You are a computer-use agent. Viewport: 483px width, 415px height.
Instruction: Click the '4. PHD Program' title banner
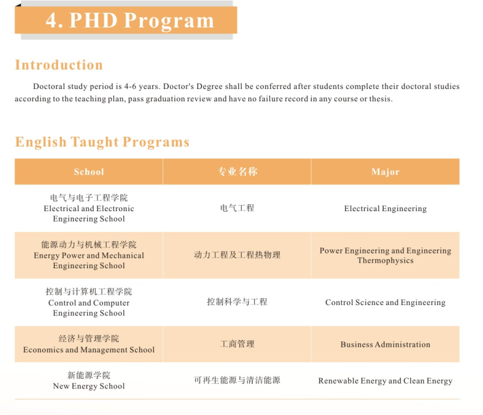[x=129, y=20]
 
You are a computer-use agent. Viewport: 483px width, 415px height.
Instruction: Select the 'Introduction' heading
[x=59, y=65]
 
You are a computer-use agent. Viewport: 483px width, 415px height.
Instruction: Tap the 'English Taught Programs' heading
[x=102, y=142]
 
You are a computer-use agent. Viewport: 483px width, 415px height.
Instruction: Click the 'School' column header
[x=89, y=172]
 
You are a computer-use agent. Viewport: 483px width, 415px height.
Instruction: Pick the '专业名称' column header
[x=237, y=172]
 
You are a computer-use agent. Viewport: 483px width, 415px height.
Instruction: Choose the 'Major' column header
[x=385, y=172]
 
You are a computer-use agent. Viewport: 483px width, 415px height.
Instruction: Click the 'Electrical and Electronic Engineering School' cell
[x=89, y=208]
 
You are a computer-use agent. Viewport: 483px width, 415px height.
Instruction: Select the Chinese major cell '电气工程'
[x=237, y=208]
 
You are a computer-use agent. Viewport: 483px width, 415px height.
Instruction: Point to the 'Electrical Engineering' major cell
[x=385, y=209]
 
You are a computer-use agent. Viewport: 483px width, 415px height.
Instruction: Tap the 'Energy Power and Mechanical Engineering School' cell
[x=89, y=255]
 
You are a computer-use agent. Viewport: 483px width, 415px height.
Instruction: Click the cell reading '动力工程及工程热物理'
[x=237, y=255]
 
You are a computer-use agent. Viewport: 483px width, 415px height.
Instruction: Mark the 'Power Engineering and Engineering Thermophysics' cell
[x=385, y=255]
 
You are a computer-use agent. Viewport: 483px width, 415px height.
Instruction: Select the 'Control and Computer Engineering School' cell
[x=89, y=302]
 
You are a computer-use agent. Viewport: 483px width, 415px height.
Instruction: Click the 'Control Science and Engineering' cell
[x=385, y=303]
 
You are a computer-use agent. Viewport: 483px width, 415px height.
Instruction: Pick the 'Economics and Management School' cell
[x=89, y=344]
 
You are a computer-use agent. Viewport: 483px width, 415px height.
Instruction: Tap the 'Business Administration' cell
[x=385, y=344]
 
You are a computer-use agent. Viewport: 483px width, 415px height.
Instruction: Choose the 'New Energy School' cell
[x=89, y=381]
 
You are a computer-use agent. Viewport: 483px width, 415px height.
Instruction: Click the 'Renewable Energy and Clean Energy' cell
[x=385, y=381]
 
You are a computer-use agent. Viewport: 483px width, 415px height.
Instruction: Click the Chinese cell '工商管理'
[x=237, y=344]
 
